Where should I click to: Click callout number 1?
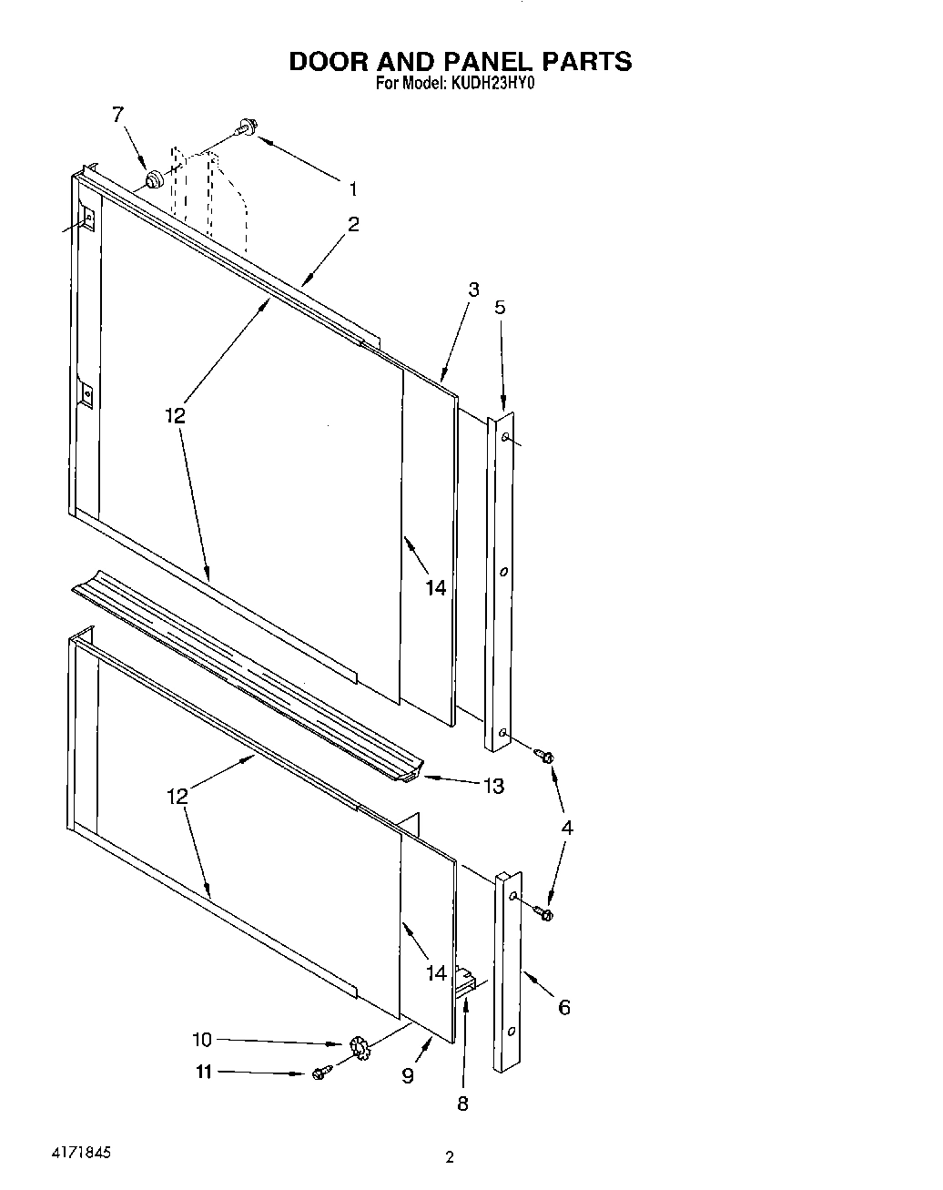coord(352,189)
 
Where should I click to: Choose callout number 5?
coord(500,307)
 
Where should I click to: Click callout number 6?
coord(564,1006)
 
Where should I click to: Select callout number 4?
coord(567,828)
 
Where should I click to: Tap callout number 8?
coord(462,1104)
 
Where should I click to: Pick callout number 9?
coord(408,1075)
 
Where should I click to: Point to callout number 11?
coord(203,1073)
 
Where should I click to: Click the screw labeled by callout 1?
coord(245,127)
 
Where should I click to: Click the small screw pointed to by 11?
coord(319,1074)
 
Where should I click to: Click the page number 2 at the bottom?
coord(449,1159)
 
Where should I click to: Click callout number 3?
coord(473,290)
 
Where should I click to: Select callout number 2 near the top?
coord(352,224)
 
